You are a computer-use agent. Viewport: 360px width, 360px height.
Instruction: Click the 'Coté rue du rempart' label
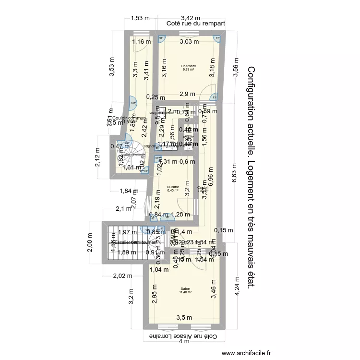(x=195, y=23)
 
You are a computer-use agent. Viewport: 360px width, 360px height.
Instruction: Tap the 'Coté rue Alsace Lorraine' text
(x=180, y=336)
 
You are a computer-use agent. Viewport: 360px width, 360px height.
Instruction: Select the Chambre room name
(x=189, y=66)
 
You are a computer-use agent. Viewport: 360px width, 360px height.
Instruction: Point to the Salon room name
(x=185, y=288)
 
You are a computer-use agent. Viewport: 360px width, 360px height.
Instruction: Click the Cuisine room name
(x=173, y=187)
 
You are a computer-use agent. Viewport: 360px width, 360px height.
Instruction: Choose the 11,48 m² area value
(x=185, y=292)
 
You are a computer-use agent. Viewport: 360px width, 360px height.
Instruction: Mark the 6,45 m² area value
(x=173, y=191)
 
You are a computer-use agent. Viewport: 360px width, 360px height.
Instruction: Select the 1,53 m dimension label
(x=140, y=18)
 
